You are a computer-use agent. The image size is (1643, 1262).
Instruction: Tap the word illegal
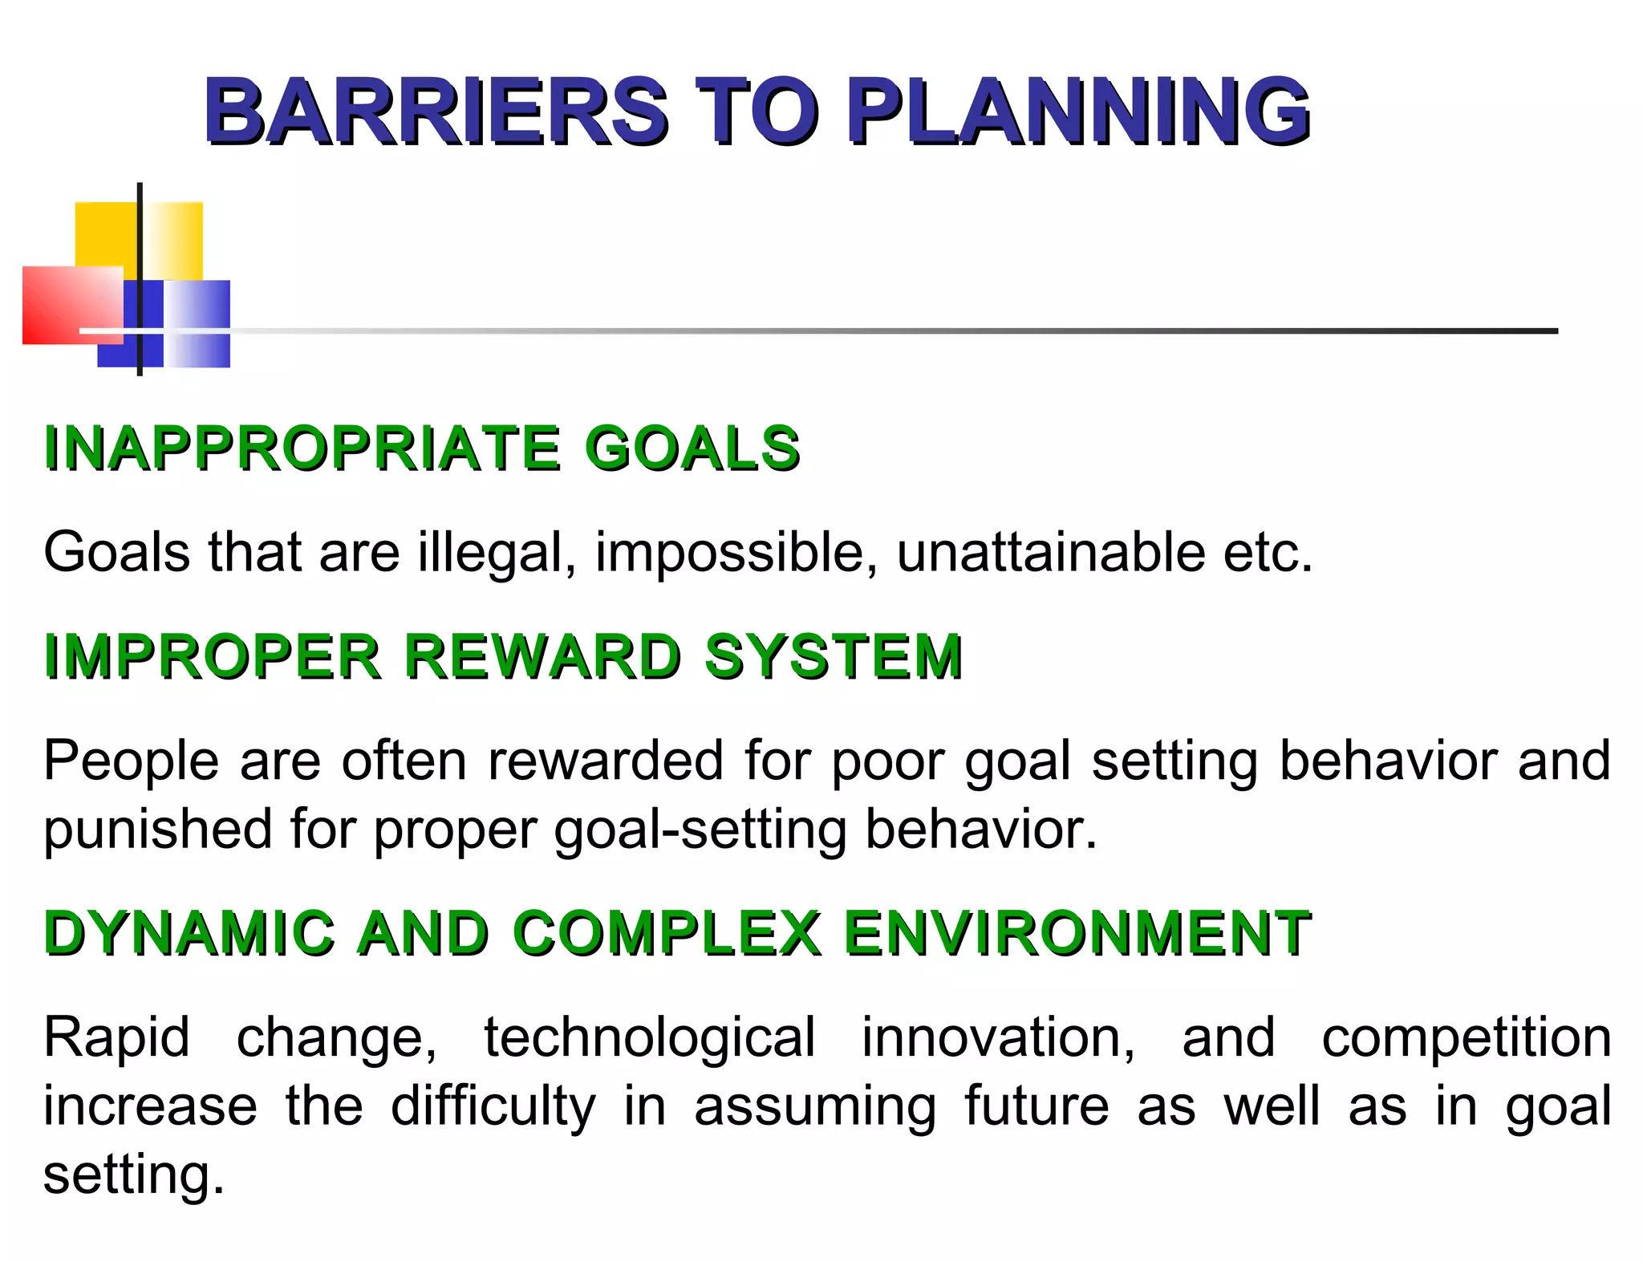[497, 554]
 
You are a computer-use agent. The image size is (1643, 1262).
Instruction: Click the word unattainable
[1050, 554]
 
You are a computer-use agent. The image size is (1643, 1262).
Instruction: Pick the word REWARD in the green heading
[542, 656]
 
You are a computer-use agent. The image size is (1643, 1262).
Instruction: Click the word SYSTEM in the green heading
[834, 656]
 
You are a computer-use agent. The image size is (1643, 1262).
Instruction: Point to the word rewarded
[606, 761]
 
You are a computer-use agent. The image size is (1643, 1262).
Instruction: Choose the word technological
[650, 1037]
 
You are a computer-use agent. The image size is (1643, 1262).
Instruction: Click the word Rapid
[116, 1037]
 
